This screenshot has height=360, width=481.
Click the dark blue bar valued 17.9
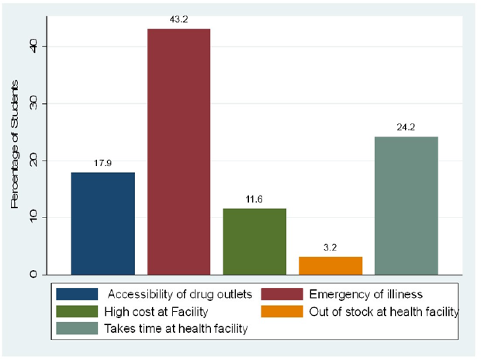pos(103,223)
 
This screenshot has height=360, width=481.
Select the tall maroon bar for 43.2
pos(178,151)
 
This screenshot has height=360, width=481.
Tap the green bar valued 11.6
pos(254,241)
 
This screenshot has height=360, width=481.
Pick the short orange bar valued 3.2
pos(330,265)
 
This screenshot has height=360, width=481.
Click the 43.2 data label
pos(178,18)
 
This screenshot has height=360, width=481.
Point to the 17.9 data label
pos(103,162)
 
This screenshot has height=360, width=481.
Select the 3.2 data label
pos(330,246)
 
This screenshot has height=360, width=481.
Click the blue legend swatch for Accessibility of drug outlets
pos(78,295)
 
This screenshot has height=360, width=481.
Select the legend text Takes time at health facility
pos(175,329)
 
